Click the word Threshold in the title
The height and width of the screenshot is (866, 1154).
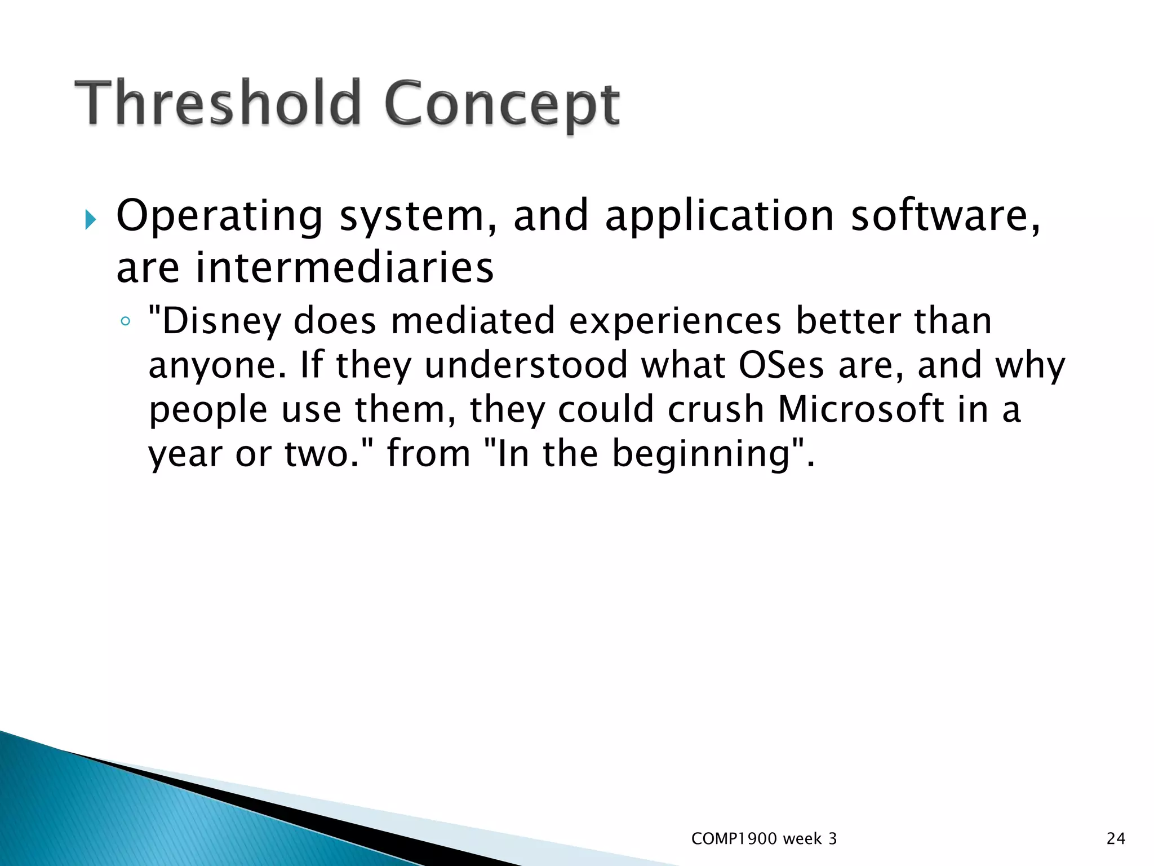pyautogui.click(x=217, y=103)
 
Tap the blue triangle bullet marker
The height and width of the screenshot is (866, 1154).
pyautogui.click(x=90, y=219)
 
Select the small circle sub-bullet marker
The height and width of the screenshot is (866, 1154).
pyautogui.click(x=125, y=322)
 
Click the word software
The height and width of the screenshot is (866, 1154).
pyautogui.click(x=944, y=216)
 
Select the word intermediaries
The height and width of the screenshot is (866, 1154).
pyautogui.click(x=344, y=267)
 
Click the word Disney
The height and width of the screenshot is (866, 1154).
pyautogui.click(x=221, y=321)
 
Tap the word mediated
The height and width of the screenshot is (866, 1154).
pyautogui.click(x=473, y=320)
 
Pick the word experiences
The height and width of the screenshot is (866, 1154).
pyautogui.click(x=675, y=321)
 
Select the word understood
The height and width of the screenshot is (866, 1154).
pyautogui.click(x=525, y=365)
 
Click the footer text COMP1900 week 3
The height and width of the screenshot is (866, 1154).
pyautogui.click(x=764, y=839)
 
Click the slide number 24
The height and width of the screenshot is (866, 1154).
pyautogui.click(x=1116, y=839)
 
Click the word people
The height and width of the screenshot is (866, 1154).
pyautogui.click(x=208, y=410)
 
